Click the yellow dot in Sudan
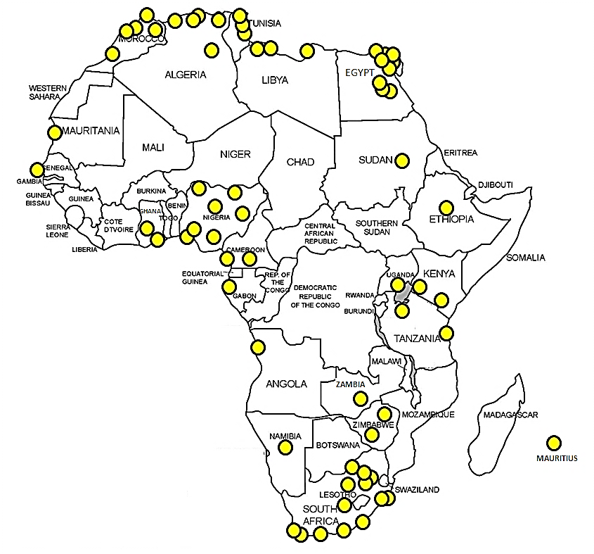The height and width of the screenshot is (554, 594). point(402,160)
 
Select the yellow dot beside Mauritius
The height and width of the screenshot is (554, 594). point(554,443)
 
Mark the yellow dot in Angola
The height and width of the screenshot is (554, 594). point(258,347)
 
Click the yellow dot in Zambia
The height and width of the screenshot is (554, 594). point(361,398)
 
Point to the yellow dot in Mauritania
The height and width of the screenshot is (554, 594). point(54,132)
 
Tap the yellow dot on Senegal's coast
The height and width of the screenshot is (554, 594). point(37,170)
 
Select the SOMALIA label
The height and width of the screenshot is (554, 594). point(526,258)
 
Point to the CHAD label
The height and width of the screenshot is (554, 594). point(301,163)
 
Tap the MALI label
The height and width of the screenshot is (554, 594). point(153,147)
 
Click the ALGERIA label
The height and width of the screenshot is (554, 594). point(185,75)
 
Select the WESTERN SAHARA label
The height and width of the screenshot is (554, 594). point(48,92)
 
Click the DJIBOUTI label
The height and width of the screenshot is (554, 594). point(495,184)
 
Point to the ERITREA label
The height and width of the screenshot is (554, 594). point(460,153)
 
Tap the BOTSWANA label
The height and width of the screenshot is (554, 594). point(338,445)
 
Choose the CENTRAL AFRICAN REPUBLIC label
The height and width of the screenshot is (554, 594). point(321,233)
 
